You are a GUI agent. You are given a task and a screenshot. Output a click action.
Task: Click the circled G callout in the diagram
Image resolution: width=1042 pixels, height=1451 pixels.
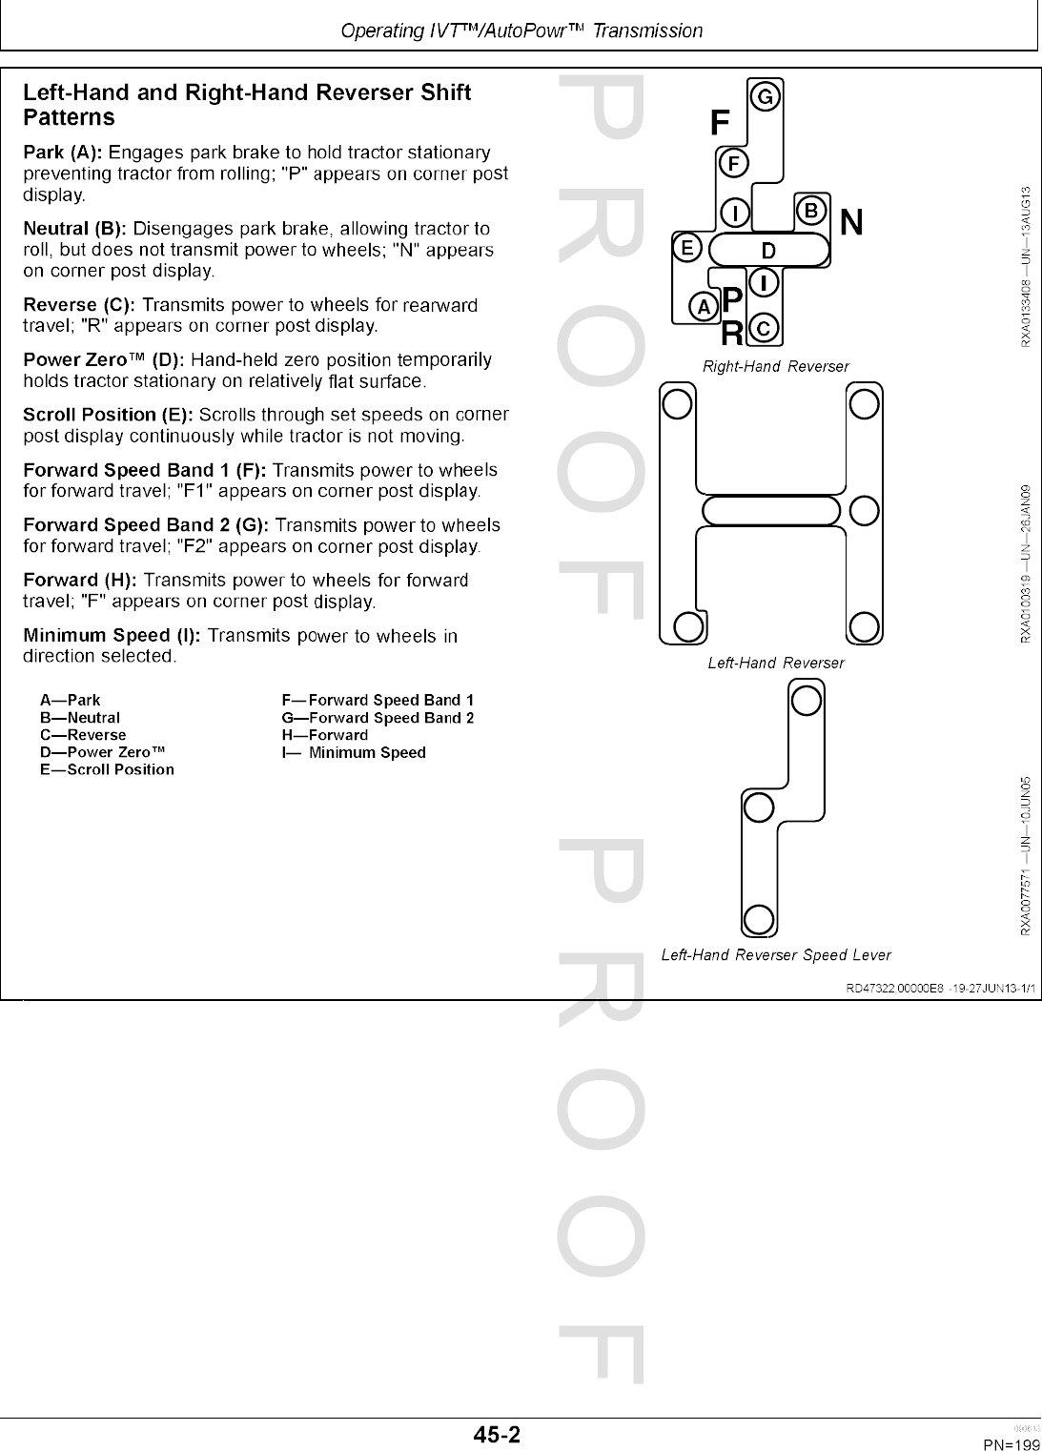pyautogui.click(x=766, y=97)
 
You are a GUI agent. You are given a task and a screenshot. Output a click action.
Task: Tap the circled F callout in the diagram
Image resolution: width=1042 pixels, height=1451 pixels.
pyautogui.click(x=733, y=163)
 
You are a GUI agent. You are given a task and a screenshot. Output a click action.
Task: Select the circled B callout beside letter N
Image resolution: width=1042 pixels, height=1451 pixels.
pyautogui.click(x=810, y=210)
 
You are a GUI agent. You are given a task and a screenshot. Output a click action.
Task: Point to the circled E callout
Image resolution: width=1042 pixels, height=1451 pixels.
pyautogui.click(x=685, y=248)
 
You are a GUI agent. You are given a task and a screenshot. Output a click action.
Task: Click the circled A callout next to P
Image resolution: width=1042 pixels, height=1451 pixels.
pyautogui.click(x=704, y=306)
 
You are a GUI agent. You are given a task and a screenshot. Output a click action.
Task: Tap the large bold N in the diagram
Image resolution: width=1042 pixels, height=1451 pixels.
pyautogui.click(x=852, y=222)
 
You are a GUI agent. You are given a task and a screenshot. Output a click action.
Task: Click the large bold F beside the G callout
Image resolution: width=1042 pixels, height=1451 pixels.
pyautogui.click(x=721, y=123)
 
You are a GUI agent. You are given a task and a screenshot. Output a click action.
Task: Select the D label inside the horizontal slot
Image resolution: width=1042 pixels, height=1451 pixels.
pyautogui.click(x=767, y=251)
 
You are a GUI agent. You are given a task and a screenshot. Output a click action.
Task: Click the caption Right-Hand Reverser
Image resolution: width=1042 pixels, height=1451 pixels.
pyautogui.click(x=775, y=366)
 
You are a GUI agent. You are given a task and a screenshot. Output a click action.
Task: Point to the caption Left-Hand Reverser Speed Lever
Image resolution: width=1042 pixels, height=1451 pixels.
pyautogui.click(x=776, y=954)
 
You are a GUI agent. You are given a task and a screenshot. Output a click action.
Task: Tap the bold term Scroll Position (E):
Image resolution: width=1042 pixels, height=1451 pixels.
pyautogui.click(x=108, y=415)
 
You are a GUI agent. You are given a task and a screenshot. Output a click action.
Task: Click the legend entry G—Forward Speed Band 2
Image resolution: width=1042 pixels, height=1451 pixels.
pyautogui.click(x=378, y=718)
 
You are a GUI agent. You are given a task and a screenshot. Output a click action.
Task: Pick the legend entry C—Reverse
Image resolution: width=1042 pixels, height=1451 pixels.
pyautogui.click(x=83, y=735)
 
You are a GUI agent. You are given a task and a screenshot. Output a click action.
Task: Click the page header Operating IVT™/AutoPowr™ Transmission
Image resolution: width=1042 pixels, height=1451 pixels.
pyautogui.click(x=521, y=31)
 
